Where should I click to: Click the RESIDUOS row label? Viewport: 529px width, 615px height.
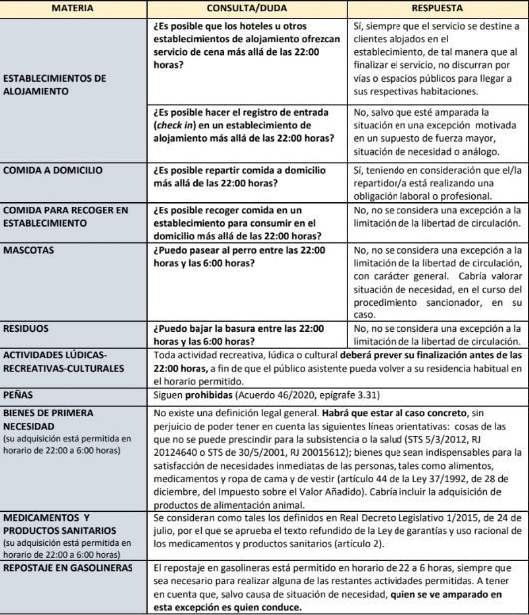coord(31,327)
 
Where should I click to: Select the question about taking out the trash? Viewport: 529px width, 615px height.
coord(239,333)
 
